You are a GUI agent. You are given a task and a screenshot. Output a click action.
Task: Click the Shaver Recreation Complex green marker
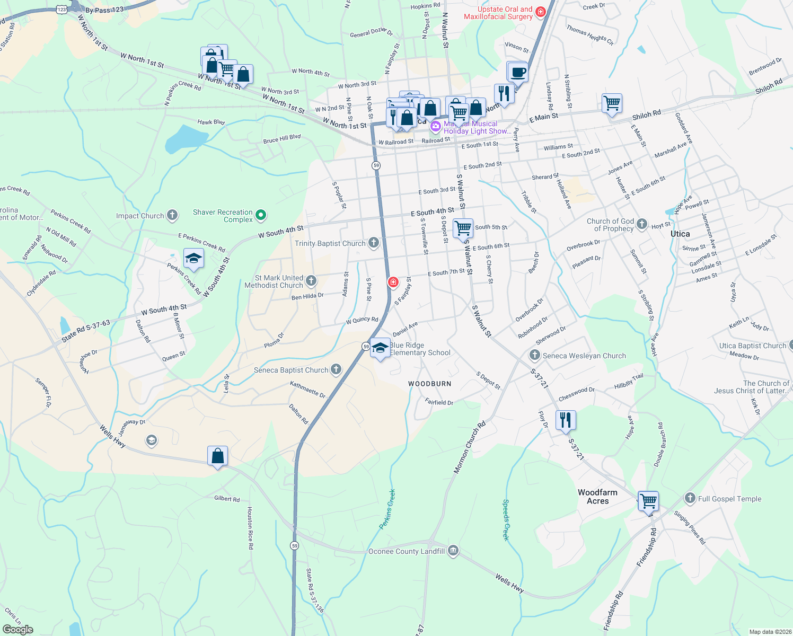click(x=260, y=215)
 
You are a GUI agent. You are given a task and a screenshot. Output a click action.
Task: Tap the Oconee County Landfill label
click(x=407, y=551)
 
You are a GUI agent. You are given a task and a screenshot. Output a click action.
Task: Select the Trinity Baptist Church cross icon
click(x=374, y=243)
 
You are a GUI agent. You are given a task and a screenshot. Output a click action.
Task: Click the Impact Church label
click(x=140, y=216)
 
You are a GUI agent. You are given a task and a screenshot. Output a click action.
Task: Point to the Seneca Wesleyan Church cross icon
click(x=535, y=355)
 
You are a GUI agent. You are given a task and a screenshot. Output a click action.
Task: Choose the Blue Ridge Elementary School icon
click(x=380, y=348)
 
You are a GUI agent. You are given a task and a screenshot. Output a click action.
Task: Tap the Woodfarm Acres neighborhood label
click(x=597, y=497)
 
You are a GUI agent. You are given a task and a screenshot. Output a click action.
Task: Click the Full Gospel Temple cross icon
click(x=690, y=498)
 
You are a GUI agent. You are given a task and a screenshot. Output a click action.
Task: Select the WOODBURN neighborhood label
click(x=430, y=384)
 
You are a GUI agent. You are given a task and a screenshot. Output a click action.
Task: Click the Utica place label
click(x=680, y=234)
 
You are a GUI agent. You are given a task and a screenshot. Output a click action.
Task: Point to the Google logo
click(x=17, y=629)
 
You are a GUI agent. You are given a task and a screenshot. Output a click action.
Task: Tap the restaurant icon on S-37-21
click(x=566, y=420)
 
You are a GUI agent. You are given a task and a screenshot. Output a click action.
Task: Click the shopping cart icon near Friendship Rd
click(x=648, y=500)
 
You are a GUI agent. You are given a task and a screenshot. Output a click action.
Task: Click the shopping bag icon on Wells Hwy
click(x=217, y=456)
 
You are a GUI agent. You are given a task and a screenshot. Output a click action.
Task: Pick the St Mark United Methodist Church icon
click(x=311, y=280)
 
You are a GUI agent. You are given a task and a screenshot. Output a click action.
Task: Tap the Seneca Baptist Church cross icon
click(x=336, y=369)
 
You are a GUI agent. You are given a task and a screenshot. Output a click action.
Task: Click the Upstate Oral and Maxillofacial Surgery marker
click(x=540, y=12)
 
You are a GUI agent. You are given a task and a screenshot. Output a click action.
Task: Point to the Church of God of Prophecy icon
click(x=642, y=224)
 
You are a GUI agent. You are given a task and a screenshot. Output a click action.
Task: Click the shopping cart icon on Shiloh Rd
click(x=612, y=103)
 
